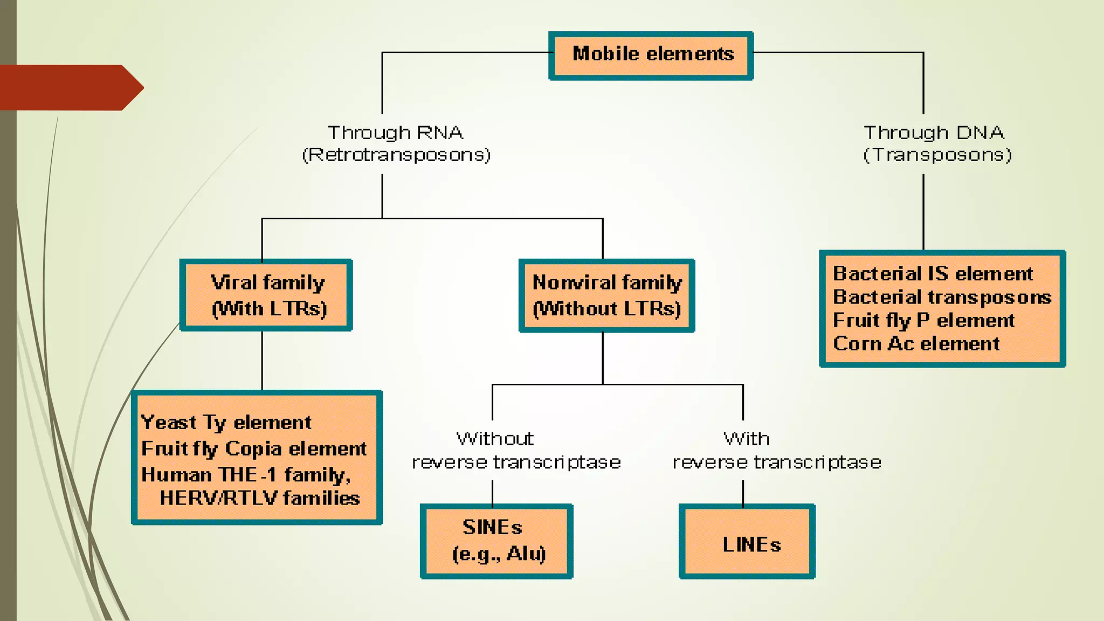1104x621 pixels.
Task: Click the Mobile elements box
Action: pos(651,55)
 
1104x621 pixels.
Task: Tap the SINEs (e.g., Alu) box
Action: pos(496,541)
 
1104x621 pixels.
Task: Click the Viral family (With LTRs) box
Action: pos(266,295)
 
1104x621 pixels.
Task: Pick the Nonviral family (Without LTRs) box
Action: pos(606,295)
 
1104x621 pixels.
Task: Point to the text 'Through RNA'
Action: pos(395,133)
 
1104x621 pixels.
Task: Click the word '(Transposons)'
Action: pos(937,155)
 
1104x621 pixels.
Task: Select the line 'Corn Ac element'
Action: pos(916,343)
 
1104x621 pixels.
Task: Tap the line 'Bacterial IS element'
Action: pos(933,274)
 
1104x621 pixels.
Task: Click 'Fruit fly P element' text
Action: pos(923,320)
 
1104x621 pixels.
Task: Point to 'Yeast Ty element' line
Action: pos(226,422)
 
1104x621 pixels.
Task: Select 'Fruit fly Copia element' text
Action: pos(253,448)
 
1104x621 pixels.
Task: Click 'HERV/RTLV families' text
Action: pos(259,498)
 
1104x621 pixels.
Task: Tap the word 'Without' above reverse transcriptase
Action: pos(495,439)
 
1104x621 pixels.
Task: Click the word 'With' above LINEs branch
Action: pos(746,439)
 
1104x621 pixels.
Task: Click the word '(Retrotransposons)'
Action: pos(396,155)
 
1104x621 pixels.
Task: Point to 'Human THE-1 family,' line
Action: pos(246,474)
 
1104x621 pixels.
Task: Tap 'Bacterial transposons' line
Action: pos(942,297)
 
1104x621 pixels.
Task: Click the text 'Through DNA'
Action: pos(934,133)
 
